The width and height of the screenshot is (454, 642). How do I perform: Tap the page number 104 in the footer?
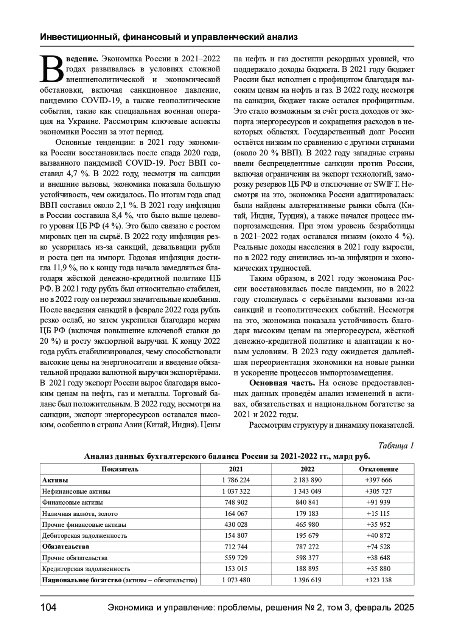pyautogui.click(x=48, y=608)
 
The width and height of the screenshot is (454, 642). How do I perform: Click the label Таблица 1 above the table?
pyautogui.click(x=396, y=445)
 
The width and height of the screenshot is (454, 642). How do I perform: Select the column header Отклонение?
pyautogui.click(x=378, y=469)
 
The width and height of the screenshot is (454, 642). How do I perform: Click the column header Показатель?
pyautogui.click(x=120, y=469)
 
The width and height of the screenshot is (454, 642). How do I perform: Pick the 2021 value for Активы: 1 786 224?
pyautogui.click(x=236, y=480)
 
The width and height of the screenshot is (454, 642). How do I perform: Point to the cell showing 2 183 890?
pyautogui.click(x=307, y=480)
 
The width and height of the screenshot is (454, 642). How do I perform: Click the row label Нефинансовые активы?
pyautogui.click(x=76, y=492)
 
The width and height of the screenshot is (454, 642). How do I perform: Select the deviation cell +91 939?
pyautogui.click(x=378, y=502)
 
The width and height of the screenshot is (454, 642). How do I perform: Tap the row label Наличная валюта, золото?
pyautogui.click(x=80, y=513)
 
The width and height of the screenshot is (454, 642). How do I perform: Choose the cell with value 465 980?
pyautogui.click(x=307, y=524)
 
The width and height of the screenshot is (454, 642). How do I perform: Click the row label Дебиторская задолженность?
pyautogui.click(x=85, y=535)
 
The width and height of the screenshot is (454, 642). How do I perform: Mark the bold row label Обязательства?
pyautogui.click(x=66, y=546)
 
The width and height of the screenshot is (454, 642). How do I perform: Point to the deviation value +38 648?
pyautogui.click(x=378, y=558)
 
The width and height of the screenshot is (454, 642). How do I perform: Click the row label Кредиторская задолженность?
pyautogui.click(x=86, y=569)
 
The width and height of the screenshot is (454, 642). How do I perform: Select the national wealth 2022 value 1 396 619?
pyautogui.click(x=307, y=580)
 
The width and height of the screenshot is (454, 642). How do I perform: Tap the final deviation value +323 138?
pyautogui.click(x=378, y=580)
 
